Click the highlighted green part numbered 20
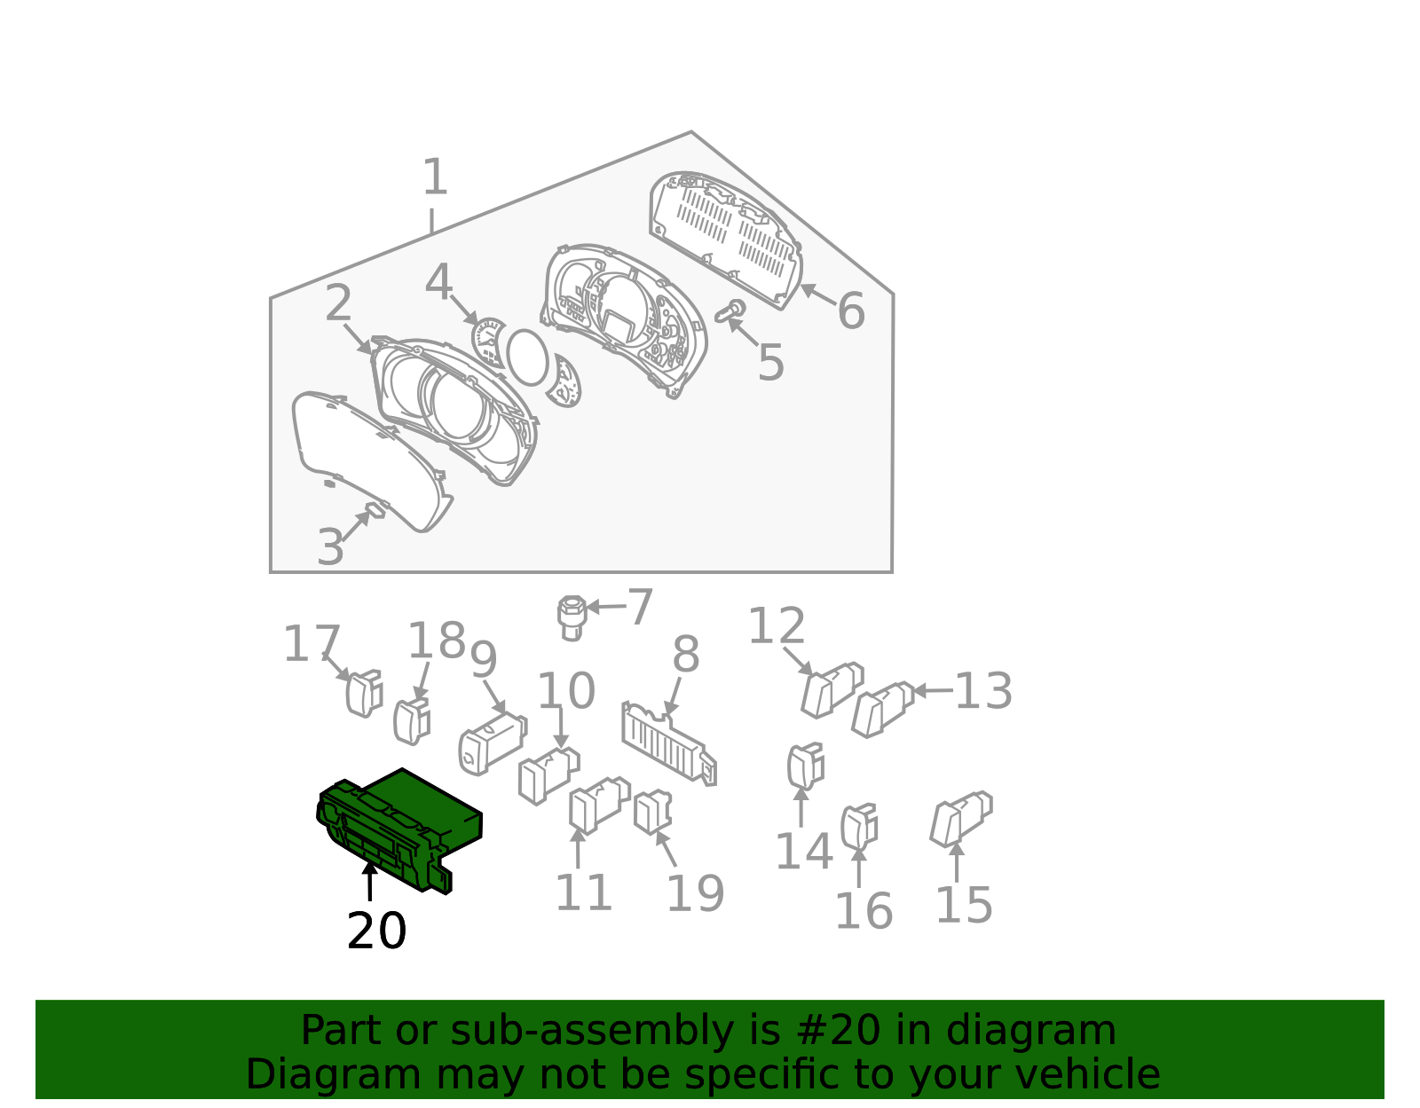(x=398, y=829)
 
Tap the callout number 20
(x=376, y=931)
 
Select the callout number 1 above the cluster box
(x=435, y=177)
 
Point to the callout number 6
(x=851, y=310)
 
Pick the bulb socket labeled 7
(x=572, y=617)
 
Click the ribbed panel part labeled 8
(x=669, y=743)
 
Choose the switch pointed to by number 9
(x=493, y=744)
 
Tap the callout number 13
(x=983, y=690)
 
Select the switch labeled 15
(x=961, y=820)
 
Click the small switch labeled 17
(x=364, y=694)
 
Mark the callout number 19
(x=695, y=892)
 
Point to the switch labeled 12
(x=832, y=690)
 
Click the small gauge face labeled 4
(x=489, y=342)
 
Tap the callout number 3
(x=330, y=546)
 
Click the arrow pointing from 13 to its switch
(x=933, y=690)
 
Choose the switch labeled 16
(x=859, y=827)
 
